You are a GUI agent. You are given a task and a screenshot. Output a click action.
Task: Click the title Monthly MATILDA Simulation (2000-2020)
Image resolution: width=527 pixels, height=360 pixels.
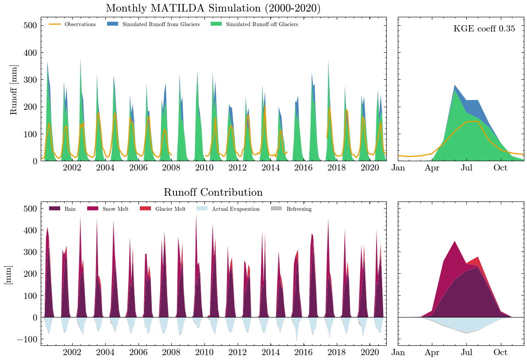pyautogui.click(x=213, y=8)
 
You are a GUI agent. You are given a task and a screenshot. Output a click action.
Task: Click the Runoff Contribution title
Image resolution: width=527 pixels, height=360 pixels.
pyautogui.click(x=213, y=193)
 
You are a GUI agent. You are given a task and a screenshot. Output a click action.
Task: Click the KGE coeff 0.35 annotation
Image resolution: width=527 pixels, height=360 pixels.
pyautogui.click(x=484, y=29)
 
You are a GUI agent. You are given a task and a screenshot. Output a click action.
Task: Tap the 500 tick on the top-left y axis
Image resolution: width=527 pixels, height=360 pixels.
pyautogui.click(x=29, y=25)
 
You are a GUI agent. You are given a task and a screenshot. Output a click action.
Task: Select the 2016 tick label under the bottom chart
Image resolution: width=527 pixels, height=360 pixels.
pyautogui.click(x=304, y=352)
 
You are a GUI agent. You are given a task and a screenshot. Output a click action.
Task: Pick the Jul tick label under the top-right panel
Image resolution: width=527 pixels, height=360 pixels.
pyautogui.click(x=467, y=168)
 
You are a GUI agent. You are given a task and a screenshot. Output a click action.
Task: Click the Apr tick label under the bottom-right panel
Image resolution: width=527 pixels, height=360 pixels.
pyautogui.click(x=432, y=352)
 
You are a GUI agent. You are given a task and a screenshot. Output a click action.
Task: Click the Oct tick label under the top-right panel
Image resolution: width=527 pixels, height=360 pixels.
pyautogui.click(x=501, y=168)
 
